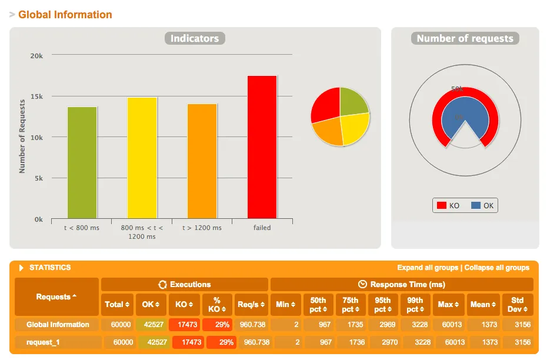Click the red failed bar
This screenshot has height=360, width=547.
pos(262,147)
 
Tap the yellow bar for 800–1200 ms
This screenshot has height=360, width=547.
pos(142,158)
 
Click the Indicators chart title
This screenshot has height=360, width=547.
pos(195,39)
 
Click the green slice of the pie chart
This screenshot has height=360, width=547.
pos(353,101)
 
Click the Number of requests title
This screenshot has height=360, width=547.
pos(465,39)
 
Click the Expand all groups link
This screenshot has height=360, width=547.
pos(428,268)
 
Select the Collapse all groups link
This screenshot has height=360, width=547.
pos(497,268)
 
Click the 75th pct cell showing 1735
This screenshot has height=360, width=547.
pos(350,325)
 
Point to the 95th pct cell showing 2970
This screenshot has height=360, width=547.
pos(382,342)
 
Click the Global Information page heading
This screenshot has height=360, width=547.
pos(65,15)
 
